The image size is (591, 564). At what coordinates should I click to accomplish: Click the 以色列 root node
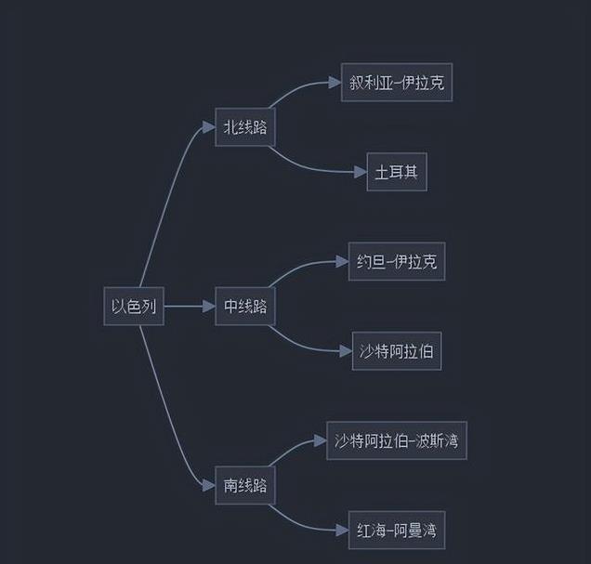click(x=134, y=307)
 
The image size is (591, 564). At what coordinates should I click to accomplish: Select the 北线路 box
click(x=245, y=127)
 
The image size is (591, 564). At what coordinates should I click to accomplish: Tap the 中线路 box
click(x=245, y=307)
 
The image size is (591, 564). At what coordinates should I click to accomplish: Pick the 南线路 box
click(x=245, y=485)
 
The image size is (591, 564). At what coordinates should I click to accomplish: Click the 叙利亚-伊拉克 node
click(x=397, y=83)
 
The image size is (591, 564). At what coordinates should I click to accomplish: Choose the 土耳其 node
click(x=397, y=172)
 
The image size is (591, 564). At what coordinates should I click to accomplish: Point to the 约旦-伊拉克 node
click(x=397, y=262)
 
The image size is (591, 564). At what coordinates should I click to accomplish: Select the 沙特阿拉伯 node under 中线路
click(x=397, y=351)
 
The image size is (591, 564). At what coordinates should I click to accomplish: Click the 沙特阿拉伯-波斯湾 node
click(x=397, y=440)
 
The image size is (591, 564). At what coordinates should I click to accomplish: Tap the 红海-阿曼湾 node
click(x=397, y=531)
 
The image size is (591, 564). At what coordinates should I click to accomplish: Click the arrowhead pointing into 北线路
click(x=209, y=127)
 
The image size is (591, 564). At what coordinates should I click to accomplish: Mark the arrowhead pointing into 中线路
click(x=209, y=307)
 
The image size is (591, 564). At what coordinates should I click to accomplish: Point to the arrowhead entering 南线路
click(x=209, y=485)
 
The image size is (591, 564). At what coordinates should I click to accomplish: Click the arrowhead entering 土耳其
click(x=361, y=172)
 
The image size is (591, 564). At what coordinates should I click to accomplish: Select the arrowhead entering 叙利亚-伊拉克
click(x=335, y=83)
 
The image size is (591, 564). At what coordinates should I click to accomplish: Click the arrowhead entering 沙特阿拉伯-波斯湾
click(x=321, y=440)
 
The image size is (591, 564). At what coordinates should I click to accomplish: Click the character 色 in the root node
click(x=134, y=307)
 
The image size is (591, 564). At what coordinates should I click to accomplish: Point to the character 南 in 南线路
click(x=230, y=485)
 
